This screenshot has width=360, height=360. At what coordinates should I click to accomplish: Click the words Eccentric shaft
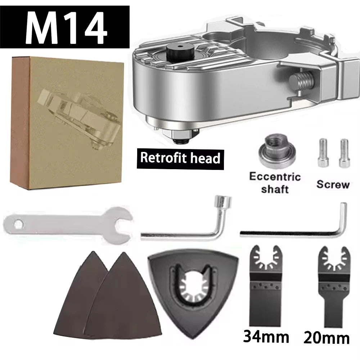point(275,183)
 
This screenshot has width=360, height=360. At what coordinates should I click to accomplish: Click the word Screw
point(333,185)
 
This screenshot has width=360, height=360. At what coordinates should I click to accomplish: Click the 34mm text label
point(266,337)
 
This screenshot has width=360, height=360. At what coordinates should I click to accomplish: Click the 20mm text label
point(326,338)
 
